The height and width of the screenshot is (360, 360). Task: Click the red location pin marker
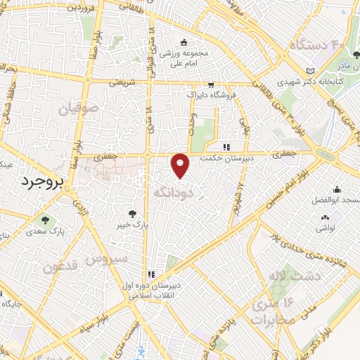coord(181,165)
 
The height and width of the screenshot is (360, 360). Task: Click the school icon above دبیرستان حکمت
coord(226,147)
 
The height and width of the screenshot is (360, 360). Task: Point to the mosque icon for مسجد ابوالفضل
coord(337,189)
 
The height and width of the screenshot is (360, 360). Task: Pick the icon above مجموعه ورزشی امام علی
coord(184,42)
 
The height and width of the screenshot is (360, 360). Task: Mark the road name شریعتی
coord(121,82)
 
